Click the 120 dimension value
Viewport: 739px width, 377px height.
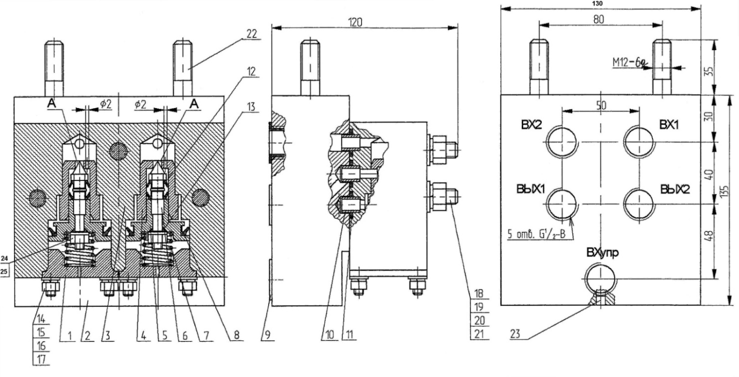[x=355, y=22]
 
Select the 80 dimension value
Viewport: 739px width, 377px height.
[x=598, y=19]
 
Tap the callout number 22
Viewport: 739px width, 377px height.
[x=251, y=34]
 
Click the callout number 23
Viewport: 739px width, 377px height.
[x=515, y=334]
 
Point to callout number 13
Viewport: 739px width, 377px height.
[x=251, y=106]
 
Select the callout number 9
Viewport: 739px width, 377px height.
[x=267, y=335]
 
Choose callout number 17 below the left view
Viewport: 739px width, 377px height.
[x=41, y=359]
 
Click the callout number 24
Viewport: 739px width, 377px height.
[x=4, y=258]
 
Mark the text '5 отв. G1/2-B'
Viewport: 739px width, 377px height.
[x=537, y=234]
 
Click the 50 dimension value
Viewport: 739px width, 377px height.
[x=601, y=105]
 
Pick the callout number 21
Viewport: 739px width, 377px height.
[x=479, y=334]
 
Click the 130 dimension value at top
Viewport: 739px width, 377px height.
[x=598, y=3]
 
